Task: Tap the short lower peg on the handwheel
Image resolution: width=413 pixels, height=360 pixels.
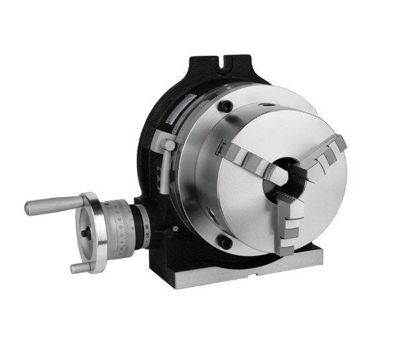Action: pos(79,267)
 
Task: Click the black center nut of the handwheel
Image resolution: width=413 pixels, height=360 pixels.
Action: pos(86,232)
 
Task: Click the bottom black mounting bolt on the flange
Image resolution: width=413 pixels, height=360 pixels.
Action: pos(227,244)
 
